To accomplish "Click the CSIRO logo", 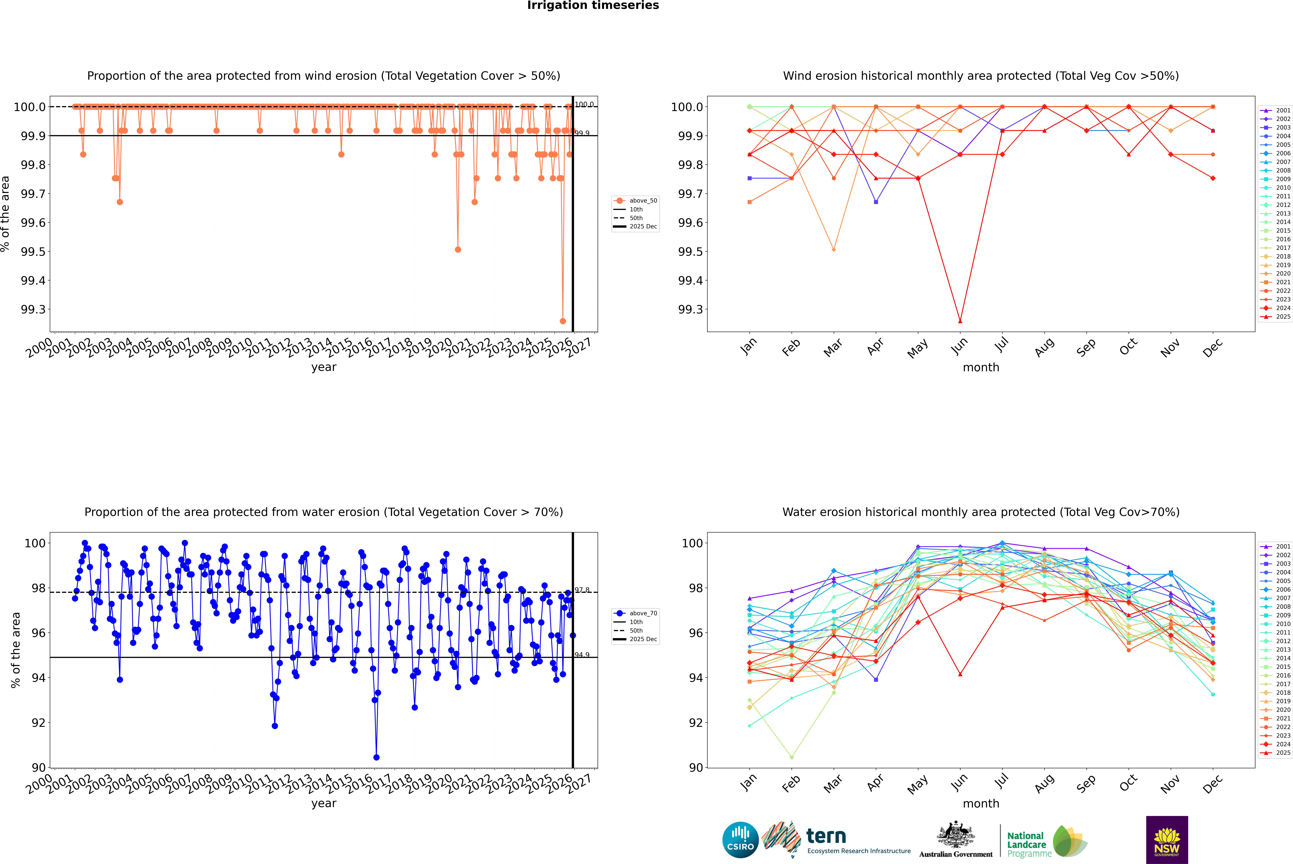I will coord(740,840).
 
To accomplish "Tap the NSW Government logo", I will coord(1167,840).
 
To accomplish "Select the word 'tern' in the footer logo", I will coord(826,836).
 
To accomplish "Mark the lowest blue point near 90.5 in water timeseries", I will coord(376,757).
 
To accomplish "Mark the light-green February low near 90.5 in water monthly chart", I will coord(791,757).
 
